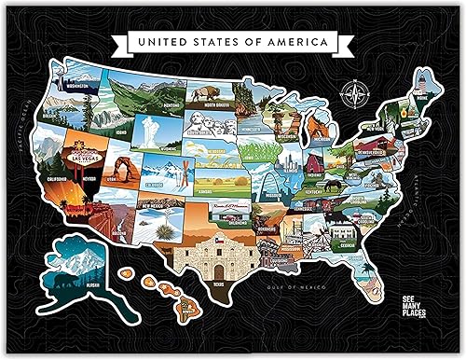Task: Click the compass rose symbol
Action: (353, 92)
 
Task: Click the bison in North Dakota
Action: (204, 93)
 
